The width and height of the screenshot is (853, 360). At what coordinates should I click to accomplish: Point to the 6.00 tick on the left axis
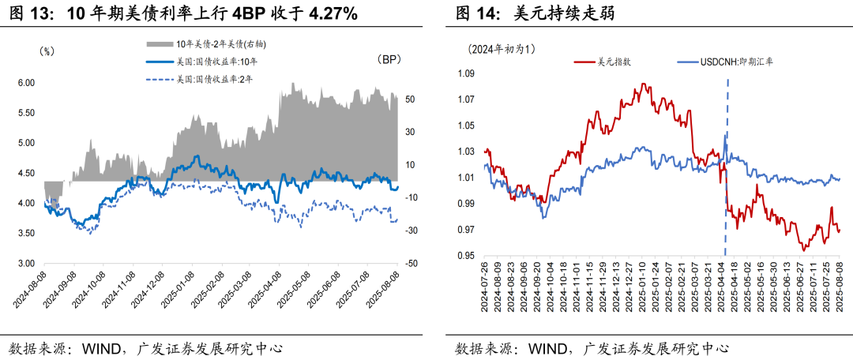[x=26, y=83]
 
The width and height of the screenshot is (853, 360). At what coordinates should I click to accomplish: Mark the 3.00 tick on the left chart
[x=26, y=264]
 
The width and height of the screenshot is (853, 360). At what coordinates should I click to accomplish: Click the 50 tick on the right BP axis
[x=411, y=100]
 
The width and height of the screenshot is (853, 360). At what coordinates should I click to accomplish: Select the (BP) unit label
[x=389, y=60]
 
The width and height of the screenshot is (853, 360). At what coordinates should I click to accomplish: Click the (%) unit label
[x=47, y=51]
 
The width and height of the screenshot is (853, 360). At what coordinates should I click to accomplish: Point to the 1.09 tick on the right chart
[x=464, y=73]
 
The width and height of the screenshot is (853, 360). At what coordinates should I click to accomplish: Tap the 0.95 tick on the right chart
[x=464, y=256]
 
